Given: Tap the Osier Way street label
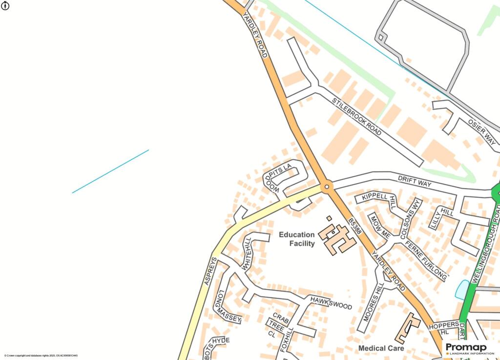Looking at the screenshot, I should pyautogui.click(x=481, y=131).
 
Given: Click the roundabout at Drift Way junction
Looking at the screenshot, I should pyautogui.click(x=327, y=187).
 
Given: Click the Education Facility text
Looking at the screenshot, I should pyautogui.click(x=297, y=239).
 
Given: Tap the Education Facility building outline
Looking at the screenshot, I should pyautogui.click(x=336, y=238).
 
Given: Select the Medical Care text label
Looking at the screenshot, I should pyautogui.click(x=381, y=348).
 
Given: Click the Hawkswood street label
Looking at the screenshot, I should pyautogui.click(x=331, y=302).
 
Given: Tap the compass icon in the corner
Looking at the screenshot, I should pyautogui.click(x=6, y=6).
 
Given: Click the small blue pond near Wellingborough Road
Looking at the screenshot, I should pyautogui.click(x=461, y=290).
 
